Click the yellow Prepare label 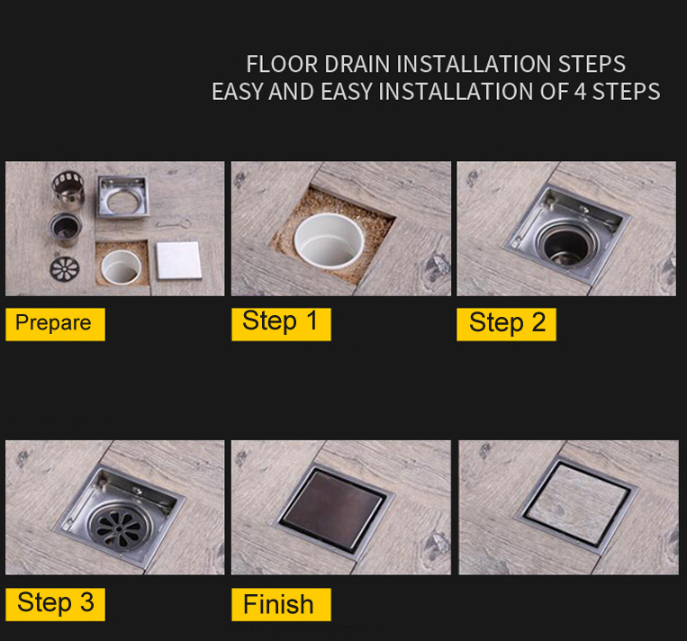click(x=55, y=324)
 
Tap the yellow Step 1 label click(x=281, y=324)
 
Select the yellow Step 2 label click(x=507, y=324)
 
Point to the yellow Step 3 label click(x=55, y=604)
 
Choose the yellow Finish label click(x=281, y=604)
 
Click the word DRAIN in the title click(x=357, y=64)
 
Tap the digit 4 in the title click(x=580, y=92)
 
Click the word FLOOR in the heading click(x=282, y=64)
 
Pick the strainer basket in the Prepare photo click(x=68, y=186)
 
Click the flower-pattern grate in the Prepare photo click(x=65, y=268)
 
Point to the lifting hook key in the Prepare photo click(x=175, y=224)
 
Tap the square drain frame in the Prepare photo click(x=123, y=196)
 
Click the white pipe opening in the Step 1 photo click(x=329, y=239)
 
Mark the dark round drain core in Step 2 click(x=569, y=246)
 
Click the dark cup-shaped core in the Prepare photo click(x=66, y=229)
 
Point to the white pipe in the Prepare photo click(x=121, y=266)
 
